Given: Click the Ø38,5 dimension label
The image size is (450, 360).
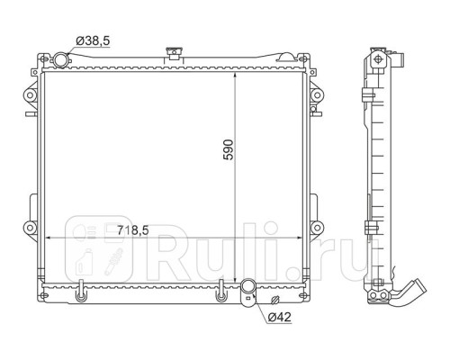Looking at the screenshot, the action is pyautogui.click(x=93, y=40).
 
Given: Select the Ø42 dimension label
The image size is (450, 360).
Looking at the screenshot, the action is pyautogui.click(x=279, y=317).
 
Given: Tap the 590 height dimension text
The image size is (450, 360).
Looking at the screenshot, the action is pyautogui.click(x=229, y=149).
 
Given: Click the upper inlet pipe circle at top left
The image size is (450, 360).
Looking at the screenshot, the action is pyautogui.click(x=61, y=58).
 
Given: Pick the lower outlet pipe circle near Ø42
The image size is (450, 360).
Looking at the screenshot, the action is pyautogui.click(x=248, y=286).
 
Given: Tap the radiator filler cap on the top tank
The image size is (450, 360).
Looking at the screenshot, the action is pyautogui.click(x=174, y=52).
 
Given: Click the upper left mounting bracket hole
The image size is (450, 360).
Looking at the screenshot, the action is pyautogui.click(x=30, y=95).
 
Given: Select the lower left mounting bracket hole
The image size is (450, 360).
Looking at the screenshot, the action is pyautogui.click(x=30, y=228).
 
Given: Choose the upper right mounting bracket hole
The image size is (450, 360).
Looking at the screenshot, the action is pyautogui.click(x=317, y=95).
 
